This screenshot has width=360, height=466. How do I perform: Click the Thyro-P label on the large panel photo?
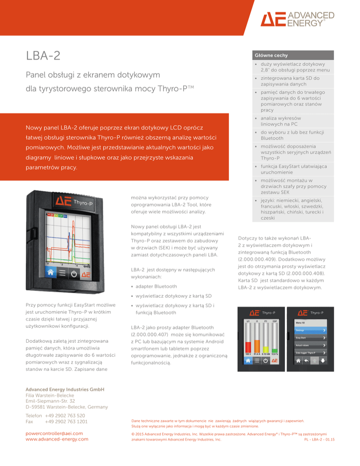tap(82, 202)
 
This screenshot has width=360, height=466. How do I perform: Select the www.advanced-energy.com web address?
tap(57, 439)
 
